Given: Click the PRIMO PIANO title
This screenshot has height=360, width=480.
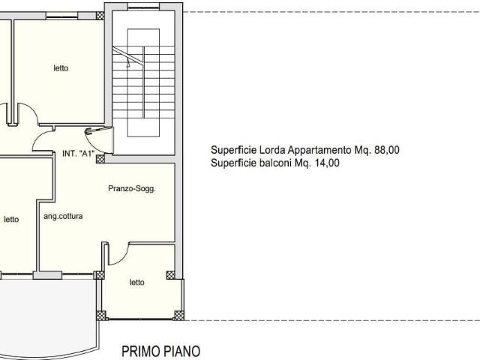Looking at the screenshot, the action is (161, 351).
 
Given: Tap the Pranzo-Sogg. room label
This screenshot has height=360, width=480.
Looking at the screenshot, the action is (132, 188).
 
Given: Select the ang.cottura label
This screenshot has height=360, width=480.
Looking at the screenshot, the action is (63, 217).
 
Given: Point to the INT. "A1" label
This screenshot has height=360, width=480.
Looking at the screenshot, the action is (78, 153).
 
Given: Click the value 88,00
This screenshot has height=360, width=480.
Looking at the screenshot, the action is (387, 150).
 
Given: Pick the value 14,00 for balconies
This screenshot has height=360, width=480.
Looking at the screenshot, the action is (327, 163).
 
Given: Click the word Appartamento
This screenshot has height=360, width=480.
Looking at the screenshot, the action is (319, 150).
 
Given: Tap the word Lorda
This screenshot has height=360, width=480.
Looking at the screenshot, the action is (272, 150).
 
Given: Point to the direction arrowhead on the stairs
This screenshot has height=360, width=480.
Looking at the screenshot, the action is (128, 64).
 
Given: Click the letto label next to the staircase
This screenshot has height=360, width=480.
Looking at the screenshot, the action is (61, 68).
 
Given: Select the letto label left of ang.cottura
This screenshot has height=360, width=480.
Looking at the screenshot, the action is (11, 219).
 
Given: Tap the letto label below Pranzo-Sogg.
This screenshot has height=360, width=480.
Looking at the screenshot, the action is (136, 282).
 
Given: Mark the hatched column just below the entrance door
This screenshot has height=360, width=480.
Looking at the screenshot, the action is (100, 158).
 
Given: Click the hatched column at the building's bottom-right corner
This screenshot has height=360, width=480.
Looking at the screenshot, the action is (178, 315).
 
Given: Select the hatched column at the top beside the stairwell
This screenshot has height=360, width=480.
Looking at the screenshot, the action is (100, 16).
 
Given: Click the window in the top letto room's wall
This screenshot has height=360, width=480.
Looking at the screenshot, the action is (61, 16).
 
